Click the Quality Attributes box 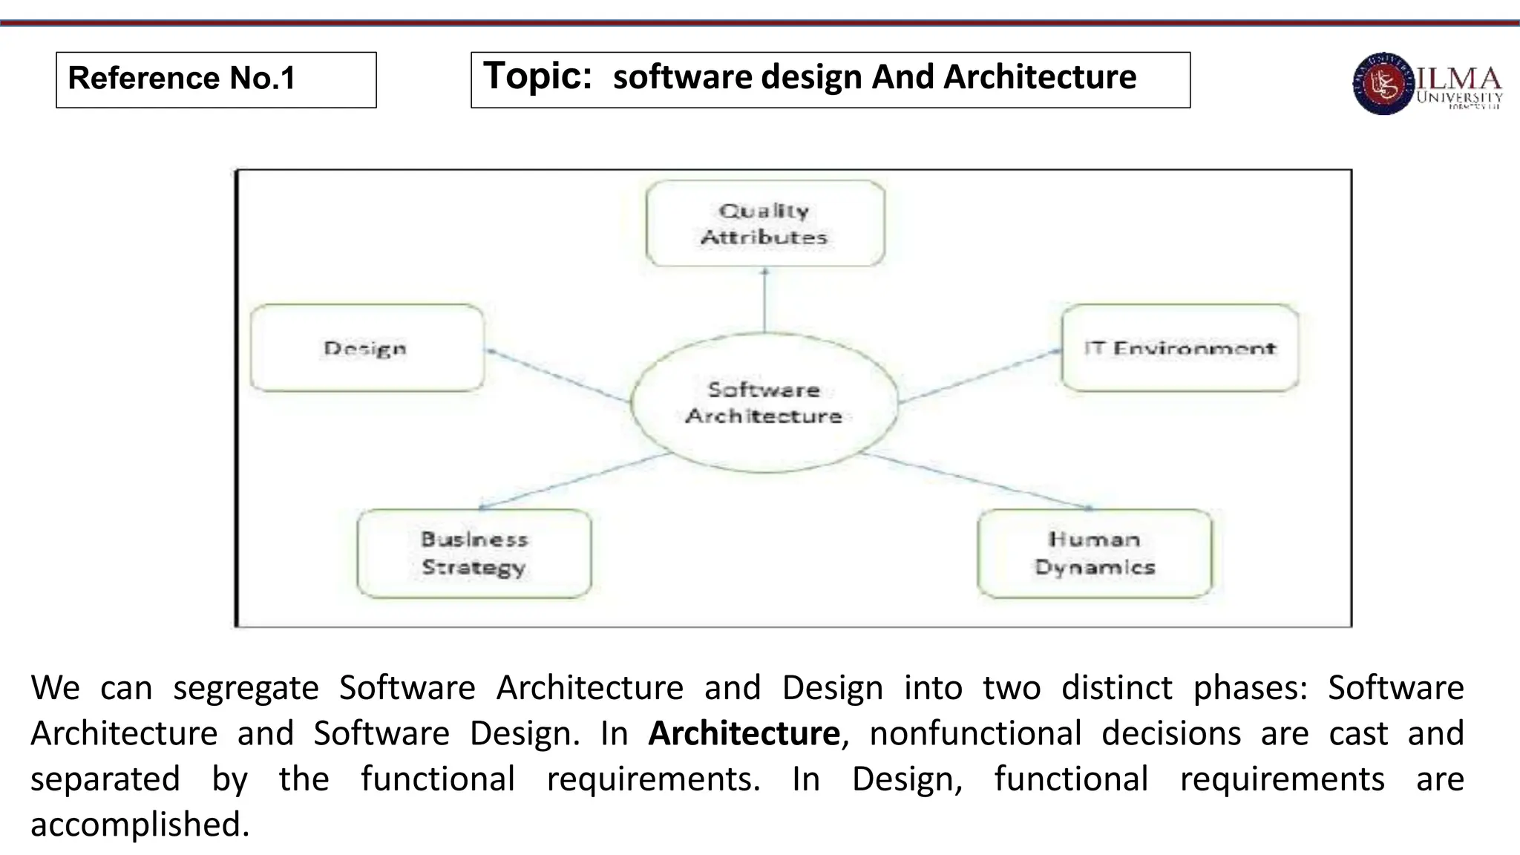tap(764, 223)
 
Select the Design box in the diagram tap(367, 348)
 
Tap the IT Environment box tap(1179, 348)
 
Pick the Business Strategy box tap(474, 554)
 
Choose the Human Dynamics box tap(1094, 554)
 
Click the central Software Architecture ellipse tap(764, 402)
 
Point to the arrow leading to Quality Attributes tap(764, 300)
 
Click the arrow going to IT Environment tap(980, 375)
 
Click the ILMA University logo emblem tap(1383, 84)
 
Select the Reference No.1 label tap(182, 78)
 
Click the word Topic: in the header tap(537, 76)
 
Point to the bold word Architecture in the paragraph tap(744, 733)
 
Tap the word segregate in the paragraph tap(246, 688)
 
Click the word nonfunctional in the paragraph tap(975, 733)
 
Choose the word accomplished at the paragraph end tap(140, 825)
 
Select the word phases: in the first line tap(1250, 688)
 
